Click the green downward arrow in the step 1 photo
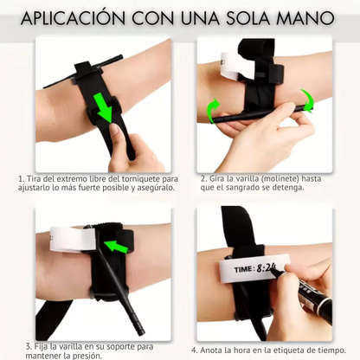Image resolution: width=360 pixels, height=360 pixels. [106, 107]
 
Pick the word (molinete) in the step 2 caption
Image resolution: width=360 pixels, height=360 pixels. [276, 178]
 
